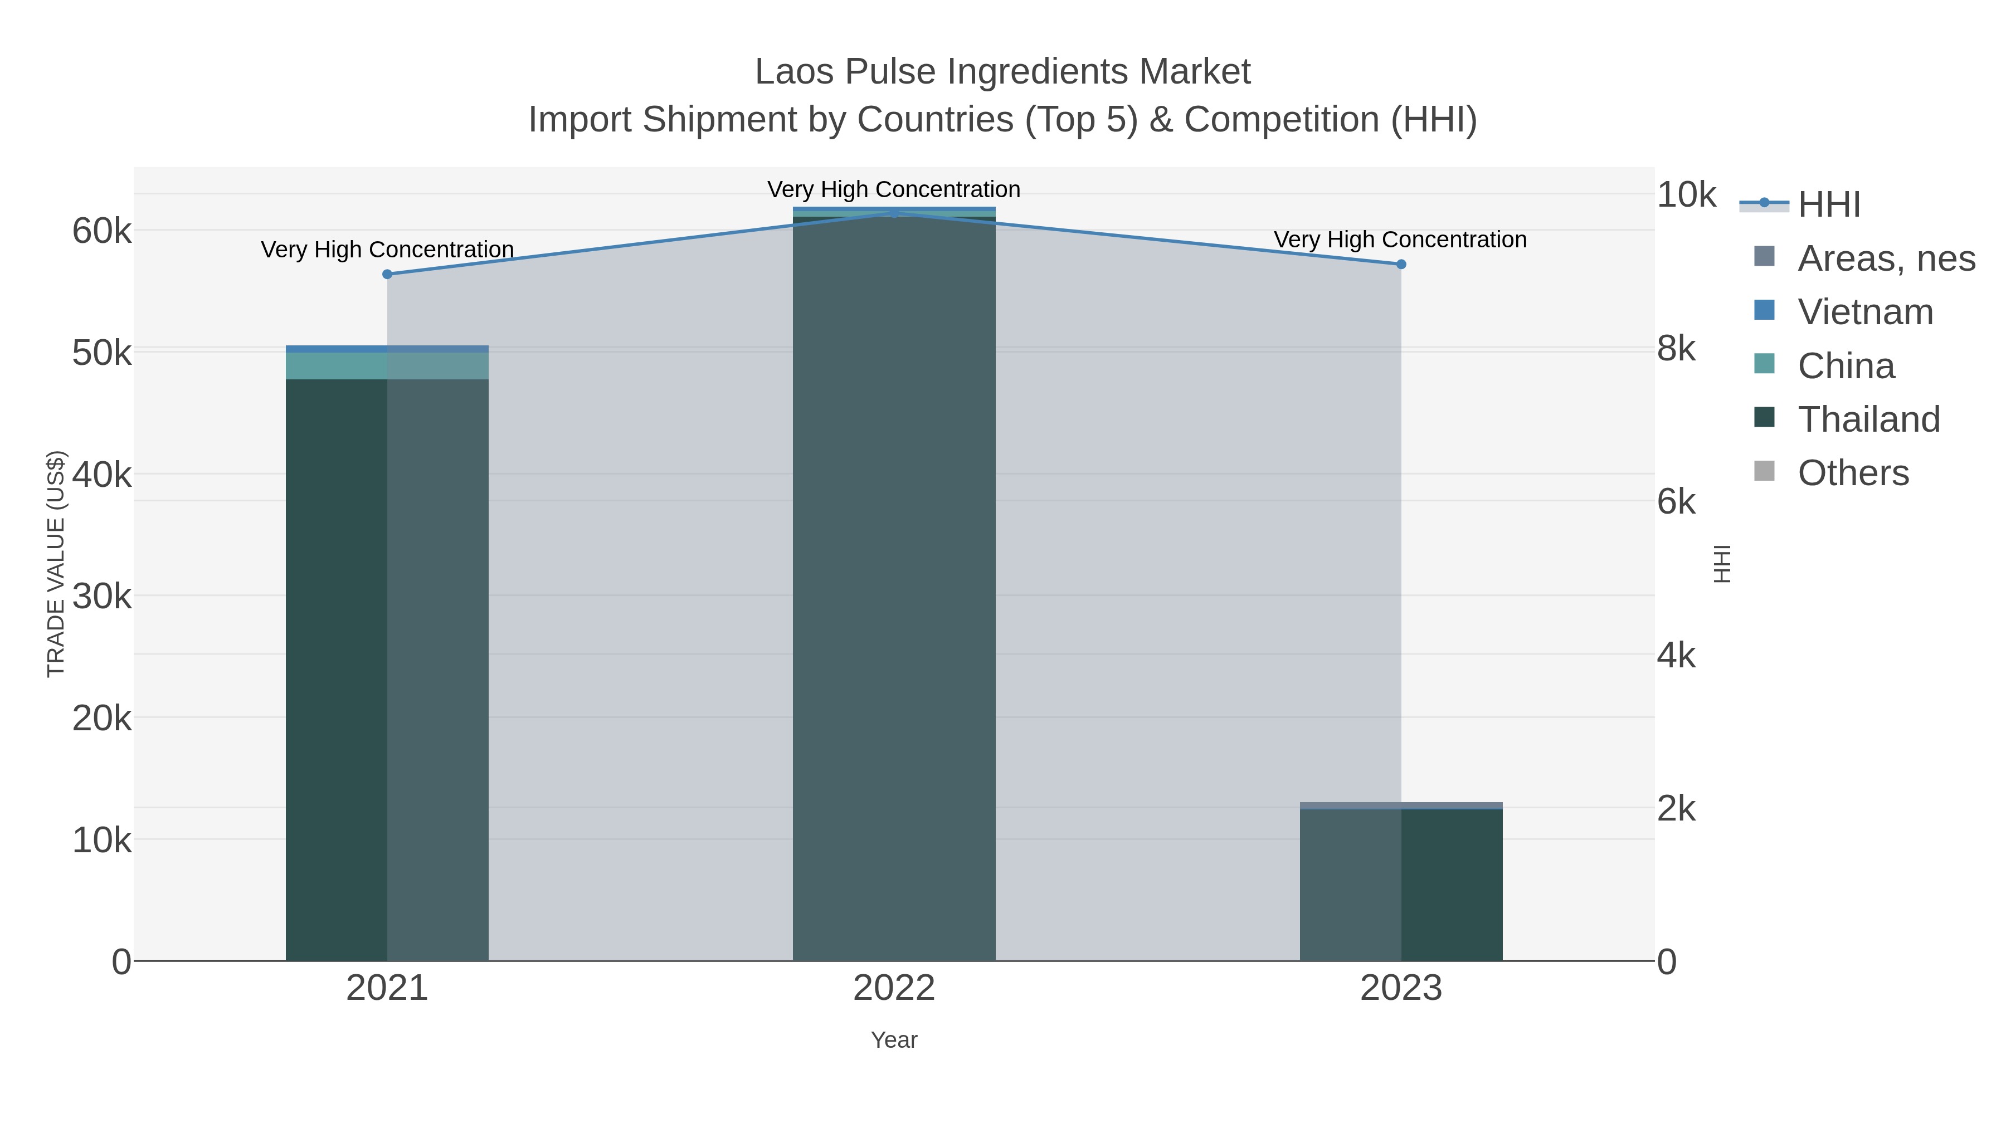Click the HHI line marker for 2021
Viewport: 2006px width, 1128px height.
[387, 274]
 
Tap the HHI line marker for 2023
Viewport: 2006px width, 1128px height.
[1401, 264]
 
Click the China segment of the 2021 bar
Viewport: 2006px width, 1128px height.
[387, 366]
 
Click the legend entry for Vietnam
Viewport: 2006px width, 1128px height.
[1865, 312]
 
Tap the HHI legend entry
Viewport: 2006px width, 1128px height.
[1828, 205]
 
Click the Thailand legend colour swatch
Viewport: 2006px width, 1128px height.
[1764, 417]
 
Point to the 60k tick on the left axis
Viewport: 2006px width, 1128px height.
[102, 231]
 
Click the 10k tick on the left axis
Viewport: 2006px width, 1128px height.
[102, 841]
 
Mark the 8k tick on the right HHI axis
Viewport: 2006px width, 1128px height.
[1676, 349]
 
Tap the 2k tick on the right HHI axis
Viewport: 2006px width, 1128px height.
[1676, 809]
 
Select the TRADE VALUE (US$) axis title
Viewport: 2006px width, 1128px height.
[56, 564]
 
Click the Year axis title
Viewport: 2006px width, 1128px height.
[894, 1040]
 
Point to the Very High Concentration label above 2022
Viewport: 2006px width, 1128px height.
[894, 189]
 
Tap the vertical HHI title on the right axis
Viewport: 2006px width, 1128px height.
[1722, 564]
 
